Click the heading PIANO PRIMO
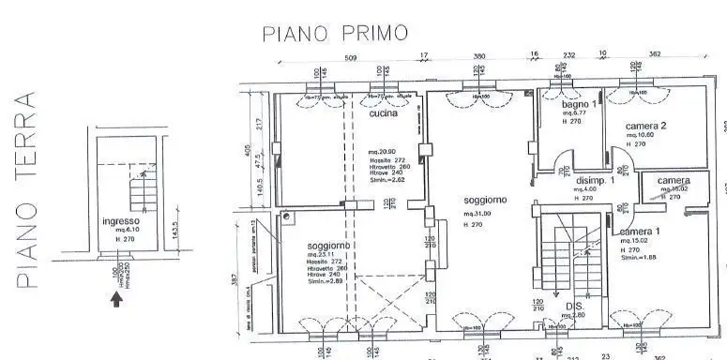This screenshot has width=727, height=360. click(x=335, y=34)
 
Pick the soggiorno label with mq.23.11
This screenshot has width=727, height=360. click(x=329, y=247)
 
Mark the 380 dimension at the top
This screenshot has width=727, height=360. click(x=479, y=56)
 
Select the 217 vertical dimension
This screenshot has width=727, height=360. click(x=261, y=122)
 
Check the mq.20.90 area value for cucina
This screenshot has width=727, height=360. click(x=381, y=152)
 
